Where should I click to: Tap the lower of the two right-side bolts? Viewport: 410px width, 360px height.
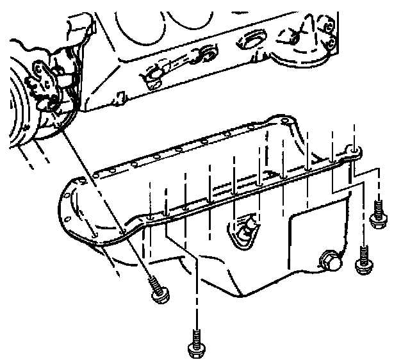click(362, 261)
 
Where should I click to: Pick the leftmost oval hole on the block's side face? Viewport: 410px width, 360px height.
click(152, 75)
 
